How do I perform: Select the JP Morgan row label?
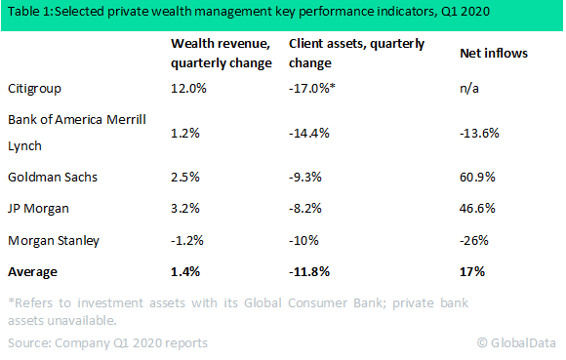point(37,208)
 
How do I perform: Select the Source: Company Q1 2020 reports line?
point(107,342)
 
